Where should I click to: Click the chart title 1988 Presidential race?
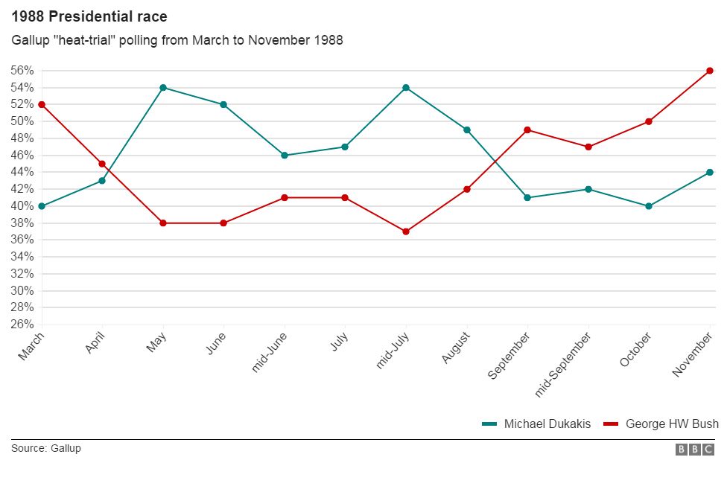pyautogui.click(x=89, y=16)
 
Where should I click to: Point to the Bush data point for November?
pyautogui.click(x=710, y=71)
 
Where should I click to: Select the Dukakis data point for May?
pyautogui.click(x=162, y=88)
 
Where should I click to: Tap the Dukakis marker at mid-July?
pyautogui.click(x=406, y=88)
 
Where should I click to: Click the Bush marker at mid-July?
pyautogui.click(x=406, y=231)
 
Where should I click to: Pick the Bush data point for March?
pyautogui.click(x=42, y=104)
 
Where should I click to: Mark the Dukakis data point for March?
pyautogui.click(x=42, y=206)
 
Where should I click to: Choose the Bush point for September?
pyautogui.click(x=527, y=130)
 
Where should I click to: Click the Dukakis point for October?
pyautogui.click(x=649, y=206)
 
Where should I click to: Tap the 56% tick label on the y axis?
pyautogui.click(x=22, y=71)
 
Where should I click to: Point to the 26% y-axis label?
pyautogui.click(x=22, y=325)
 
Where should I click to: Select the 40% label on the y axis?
pyautogui.click(x=22, y=206)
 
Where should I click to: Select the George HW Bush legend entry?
pyautogui.click(x=661, y=424)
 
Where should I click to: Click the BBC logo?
pyautogui.click(x=695, y=450)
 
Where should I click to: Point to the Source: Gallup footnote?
pyautogui.click(x=45, y=449)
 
